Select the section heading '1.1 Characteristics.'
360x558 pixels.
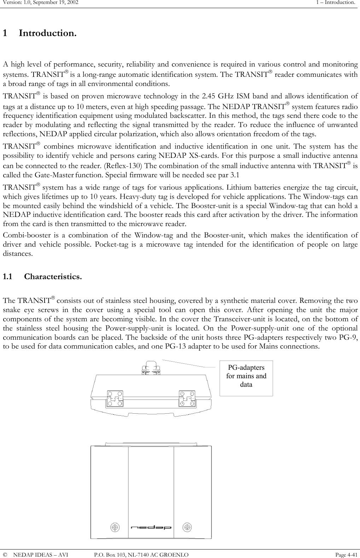(x=42, y=276)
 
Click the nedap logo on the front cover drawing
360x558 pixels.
(x=151, y=528)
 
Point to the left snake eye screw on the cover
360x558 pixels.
(x=115, y=527)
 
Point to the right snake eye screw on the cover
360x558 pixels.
(x=187, y=527)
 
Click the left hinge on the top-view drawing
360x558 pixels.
(x=115, y=399)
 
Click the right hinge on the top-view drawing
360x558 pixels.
(x=187, y=399)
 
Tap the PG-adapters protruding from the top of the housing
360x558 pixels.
(x=151, y=367)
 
